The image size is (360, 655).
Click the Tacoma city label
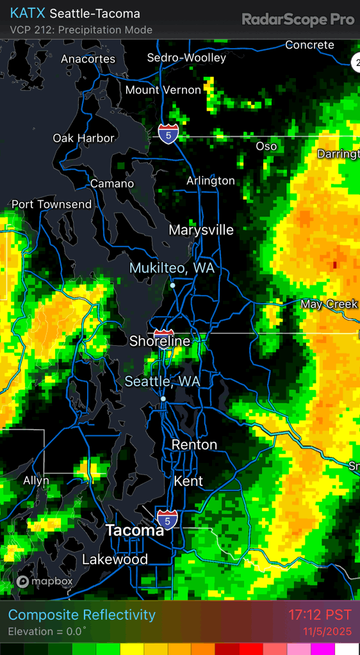pyautogui.click(x=135, y=531)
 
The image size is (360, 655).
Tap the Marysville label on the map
pyautogui.click(x=201, y=230)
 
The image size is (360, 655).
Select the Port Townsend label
pyautogui.click(x=52, y=204)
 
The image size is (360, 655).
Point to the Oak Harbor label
pyautogui.click(x=83, y=138)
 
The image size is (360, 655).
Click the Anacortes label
pyautogui.click(x=88, y=59)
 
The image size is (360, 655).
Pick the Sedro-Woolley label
pyautogui.click(x=186, y=58)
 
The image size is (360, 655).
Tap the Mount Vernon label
pyautogui.click(x=163, y=90)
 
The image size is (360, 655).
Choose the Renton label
pyautogui.click(x=194, y=444)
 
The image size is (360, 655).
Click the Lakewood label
pyautogui.click(x=115, y=560)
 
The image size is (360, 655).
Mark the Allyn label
pyautogui.click(x=36, y=480)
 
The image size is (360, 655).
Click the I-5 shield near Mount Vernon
pyautogui.click(x=168, y=134)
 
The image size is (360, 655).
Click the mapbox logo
pyautogui.click(x=45, y=581)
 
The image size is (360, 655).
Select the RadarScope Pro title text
pyautogui.click(x=298, y=20)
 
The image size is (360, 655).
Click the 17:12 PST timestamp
pyautogui.click(x=320, y=615)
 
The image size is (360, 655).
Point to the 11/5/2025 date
pyautogui.click(x=327, y=631)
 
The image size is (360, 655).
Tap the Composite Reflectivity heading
pyautogui.click(x=82, y=615)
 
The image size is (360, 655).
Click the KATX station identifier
pyautogui.click(x=28, y=13)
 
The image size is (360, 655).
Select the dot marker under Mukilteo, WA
pyautogui.click(x=172, y=286)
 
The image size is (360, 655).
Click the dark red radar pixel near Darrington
pyautogui.click(x=334, y=264)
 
